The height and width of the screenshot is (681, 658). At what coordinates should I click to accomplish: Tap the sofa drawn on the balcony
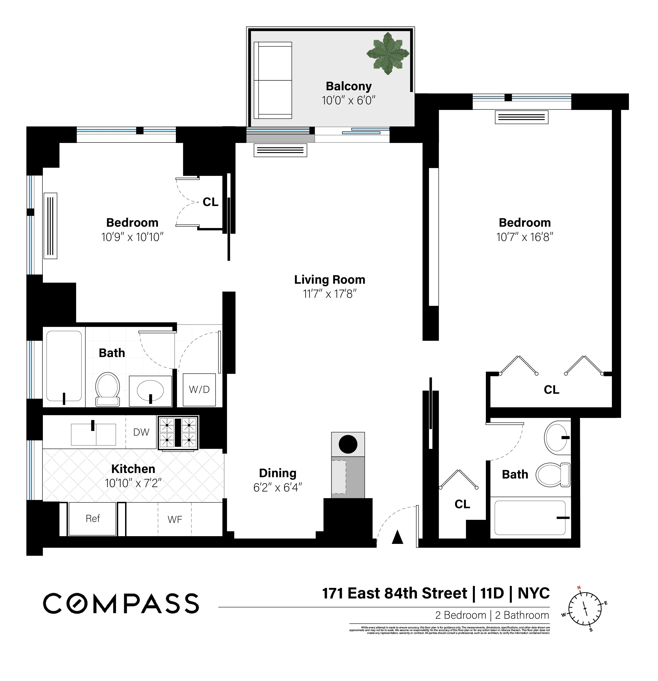coord(273,80)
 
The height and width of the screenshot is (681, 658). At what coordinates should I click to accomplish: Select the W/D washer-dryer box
coord(199,390)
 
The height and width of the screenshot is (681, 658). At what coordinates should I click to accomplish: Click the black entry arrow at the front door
coord(397,537)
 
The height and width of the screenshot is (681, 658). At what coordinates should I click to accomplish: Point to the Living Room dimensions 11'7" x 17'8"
coord(329,294)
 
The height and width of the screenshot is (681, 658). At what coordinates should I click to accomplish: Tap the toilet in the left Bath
coord(108,389)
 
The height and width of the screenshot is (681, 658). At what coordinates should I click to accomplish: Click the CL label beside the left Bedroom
coord(210,202)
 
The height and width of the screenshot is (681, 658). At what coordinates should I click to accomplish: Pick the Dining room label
coord(278,473)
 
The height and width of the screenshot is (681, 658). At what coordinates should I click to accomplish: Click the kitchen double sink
coord(93,434)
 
